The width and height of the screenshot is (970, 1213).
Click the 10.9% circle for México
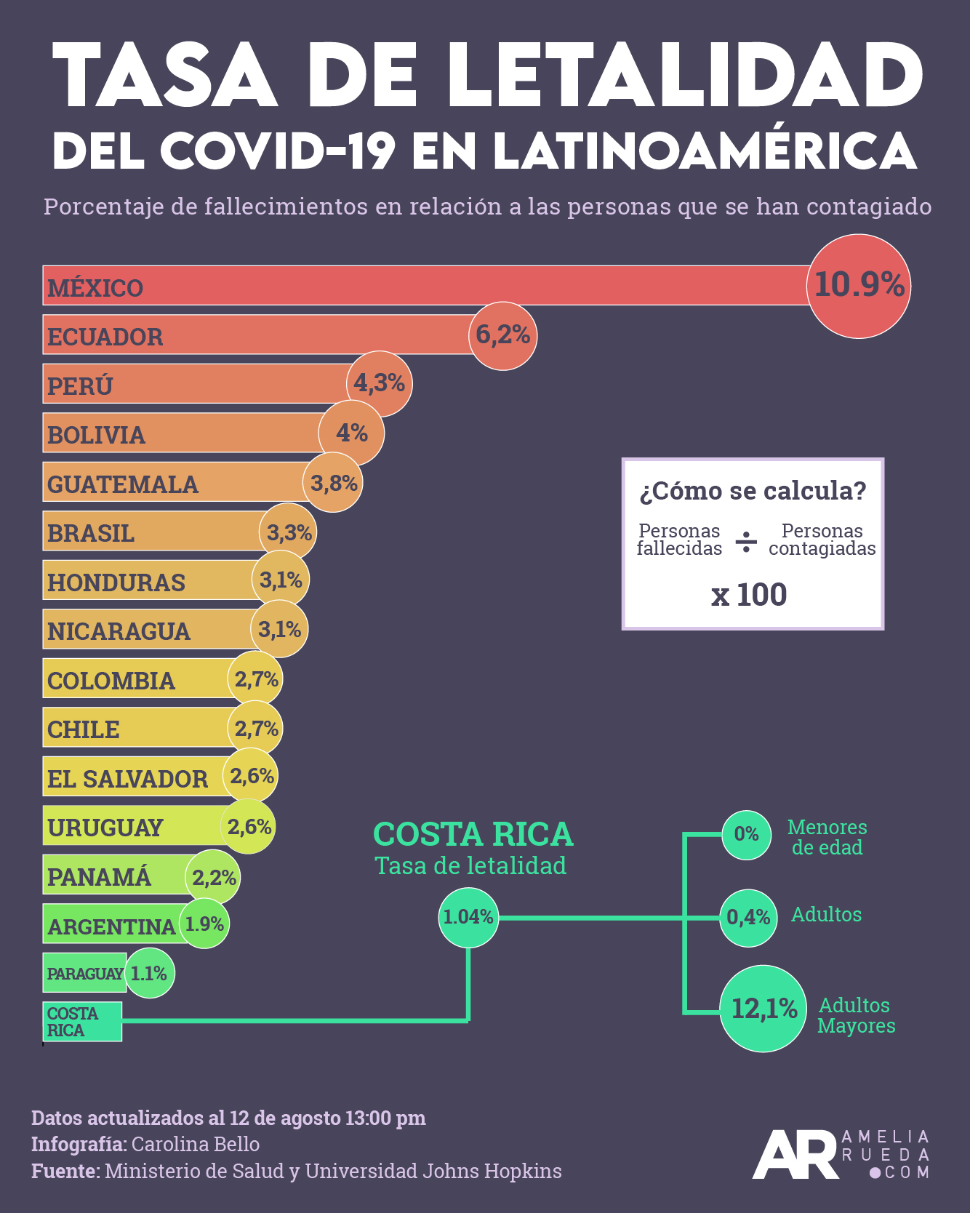pos(859,286)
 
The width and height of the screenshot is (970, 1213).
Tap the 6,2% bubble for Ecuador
pos(503,335)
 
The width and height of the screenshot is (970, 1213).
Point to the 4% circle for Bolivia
pos(352,433)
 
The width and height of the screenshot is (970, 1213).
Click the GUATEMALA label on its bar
pos(123,484)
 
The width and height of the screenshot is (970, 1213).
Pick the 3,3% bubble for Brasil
pos(289,532)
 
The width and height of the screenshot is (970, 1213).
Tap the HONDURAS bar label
pos(116,582)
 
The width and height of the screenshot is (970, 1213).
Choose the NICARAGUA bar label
pos(119,631)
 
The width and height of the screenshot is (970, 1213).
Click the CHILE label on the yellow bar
pos(84,729)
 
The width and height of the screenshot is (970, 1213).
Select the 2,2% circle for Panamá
pos(213,878)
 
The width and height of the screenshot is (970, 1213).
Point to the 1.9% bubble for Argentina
pos(204,924)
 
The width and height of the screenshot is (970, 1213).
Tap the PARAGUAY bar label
pos(85,973)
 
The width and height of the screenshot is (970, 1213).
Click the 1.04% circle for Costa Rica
pos(469,917)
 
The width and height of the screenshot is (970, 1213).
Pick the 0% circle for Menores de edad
pos(746,834)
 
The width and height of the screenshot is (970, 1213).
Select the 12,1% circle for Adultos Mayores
pos(763,1009)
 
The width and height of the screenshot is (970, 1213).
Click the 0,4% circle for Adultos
pos(748,918)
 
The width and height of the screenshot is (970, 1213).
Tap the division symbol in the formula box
pos(746,542)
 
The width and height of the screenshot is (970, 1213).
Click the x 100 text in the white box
pos(749,595)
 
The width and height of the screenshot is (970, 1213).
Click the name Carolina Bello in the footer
pos(196,1144)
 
